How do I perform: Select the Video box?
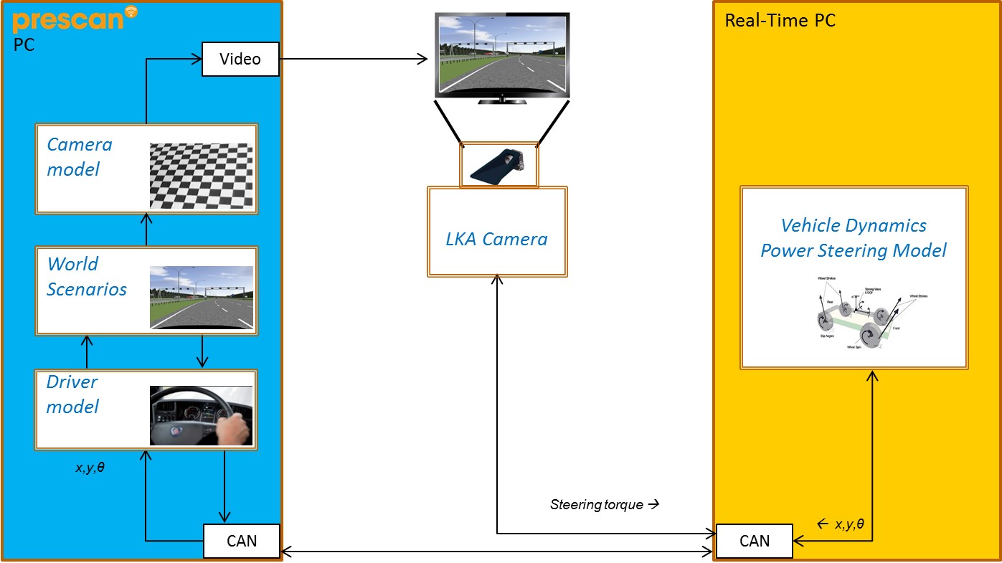click(240, 59)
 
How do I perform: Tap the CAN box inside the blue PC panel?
click(241, 541)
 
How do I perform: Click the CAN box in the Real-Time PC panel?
click(754, 541)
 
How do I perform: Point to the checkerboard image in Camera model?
click(202, 176)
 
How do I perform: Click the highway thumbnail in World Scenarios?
click(202, 297)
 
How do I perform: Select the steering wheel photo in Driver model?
click(202, 416)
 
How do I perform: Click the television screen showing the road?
click(502, 55)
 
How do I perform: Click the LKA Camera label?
click(497, 239)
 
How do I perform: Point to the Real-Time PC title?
click(780, 20)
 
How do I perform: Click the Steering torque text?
click(597, 505)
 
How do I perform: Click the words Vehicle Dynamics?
click(854, 225)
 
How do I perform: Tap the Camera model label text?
click(79, 157)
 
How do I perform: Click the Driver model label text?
click(72, 394)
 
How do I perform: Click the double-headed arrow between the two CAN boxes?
click(497, 552)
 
